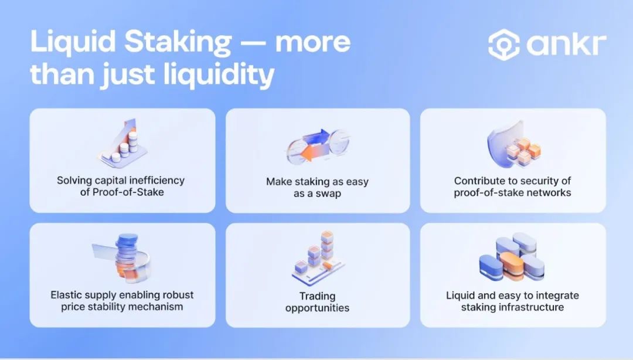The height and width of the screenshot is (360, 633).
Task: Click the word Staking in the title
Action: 178,42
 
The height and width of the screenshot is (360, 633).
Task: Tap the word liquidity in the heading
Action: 219,74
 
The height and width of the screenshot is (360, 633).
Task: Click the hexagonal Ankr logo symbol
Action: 504,45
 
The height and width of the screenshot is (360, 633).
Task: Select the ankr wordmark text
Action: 566,44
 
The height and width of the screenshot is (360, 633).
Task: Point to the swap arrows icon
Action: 318,145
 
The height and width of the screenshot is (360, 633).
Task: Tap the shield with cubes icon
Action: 513,144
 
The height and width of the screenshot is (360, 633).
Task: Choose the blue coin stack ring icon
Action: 122,257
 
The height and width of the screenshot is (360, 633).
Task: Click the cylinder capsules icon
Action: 512,257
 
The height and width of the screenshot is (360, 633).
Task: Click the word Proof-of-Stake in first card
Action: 128,192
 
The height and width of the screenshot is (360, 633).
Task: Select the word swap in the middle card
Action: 328,193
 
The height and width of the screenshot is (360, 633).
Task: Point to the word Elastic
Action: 66,295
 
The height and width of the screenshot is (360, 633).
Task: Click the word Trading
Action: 317,296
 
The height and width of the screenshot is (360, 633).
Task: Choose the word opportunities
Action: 317,308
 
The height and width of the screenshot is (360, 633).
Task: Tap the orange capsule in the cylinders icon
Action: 512,266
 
